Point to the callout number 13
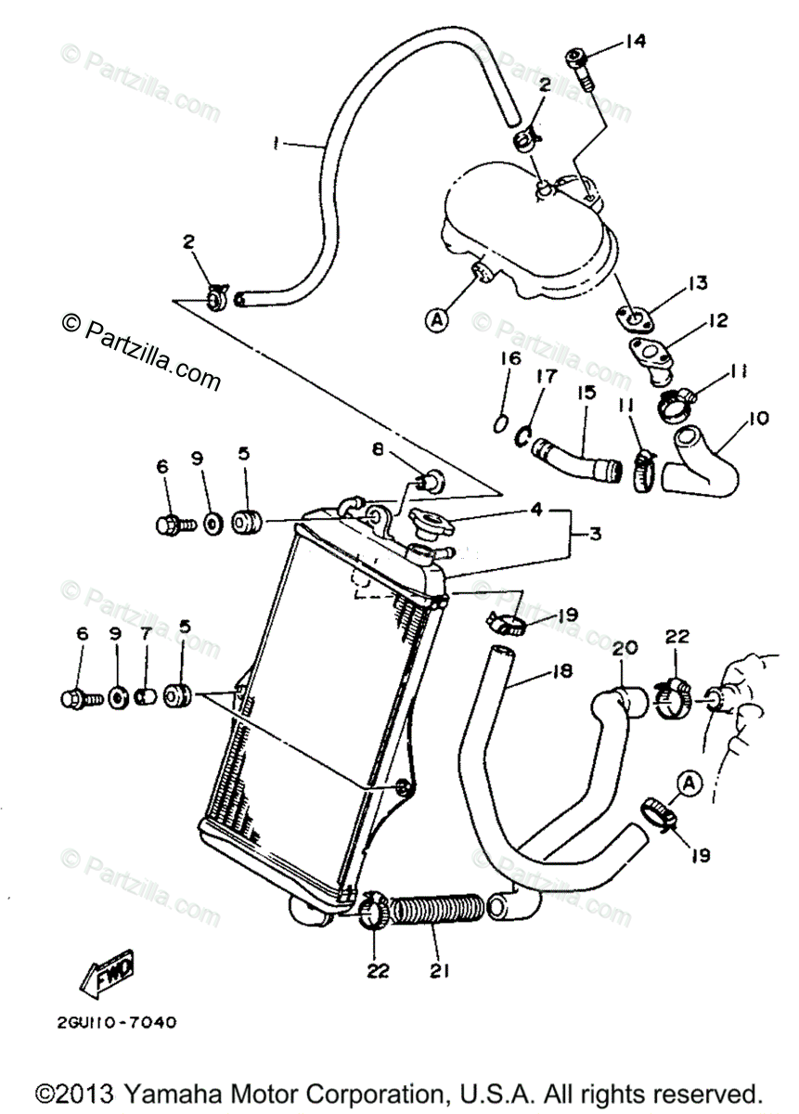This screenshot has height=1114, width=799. point(698,282)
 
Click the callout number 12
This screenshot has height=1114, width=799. point(715,322)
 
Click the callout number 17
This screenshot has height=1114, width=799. point(544,377)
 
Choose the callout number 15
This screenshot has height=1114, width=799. point(586,393)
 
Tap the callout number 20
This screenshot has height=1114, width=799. point(622,648)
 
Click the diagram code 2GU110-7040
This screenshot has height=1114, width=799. point(110,1024)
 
